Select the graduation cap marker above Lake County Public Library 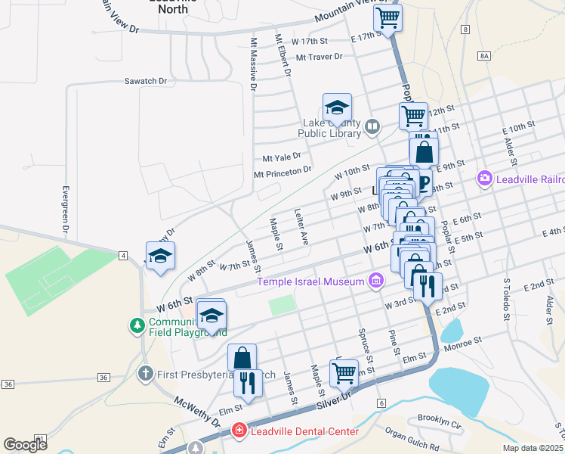click(337, 107)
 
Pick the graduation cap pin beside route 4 click(160, 257)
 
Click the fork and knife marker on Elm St click(246, 383)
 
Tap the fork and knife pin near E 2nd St click(428, 286)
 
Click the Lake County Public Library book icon click(372, 126)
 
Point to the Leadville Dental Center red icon click(239, 431)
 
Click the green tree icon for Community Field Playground click(137, 325)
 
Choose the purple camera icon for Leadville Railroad click(484, 179)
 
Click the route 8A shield click(485, 56)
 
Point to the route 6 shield click(381, 403)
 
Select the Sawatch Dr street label click(145, 80)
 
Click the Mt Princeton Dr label click(282, 173)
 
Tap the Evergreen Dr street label click(66, 209)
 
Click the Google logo click(26, 445)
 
